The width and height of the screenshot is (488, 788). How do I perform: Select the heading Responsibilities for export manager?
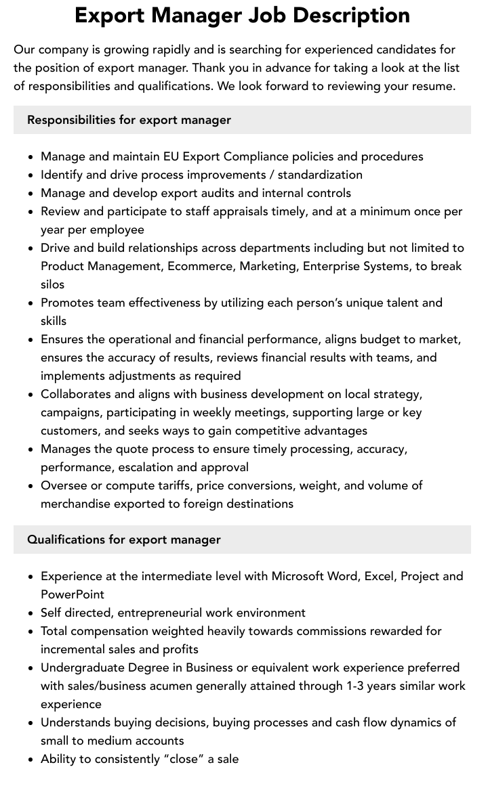point(129,120)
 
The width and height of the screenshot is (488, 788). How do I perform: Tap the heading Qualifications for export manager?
point(124,540)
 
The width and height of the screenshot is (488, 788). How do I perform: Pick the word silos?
point(53,284)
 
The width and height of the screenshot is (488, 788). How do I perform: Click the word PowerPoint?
point(73,594)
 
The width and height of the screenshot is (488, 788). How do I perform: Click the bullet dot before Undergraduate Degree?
point(31,668)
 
